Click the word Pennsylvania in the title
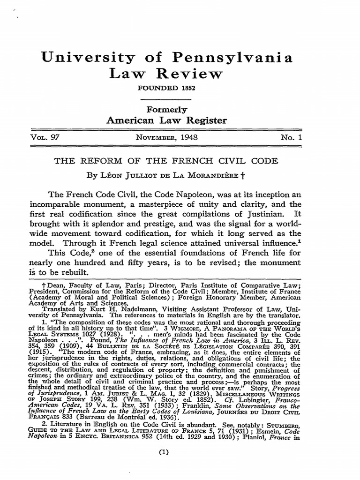click(225, 58)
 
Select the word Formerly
click(166, 110)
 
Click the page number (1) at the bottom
click(164, 453)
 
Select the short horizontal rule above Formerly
click(166, 99)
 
